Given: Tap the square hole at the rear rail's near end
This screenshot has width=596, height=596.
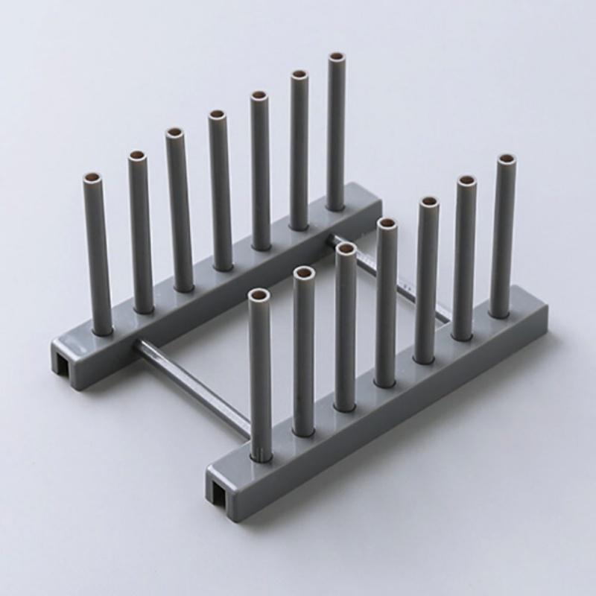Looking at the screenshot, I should [x=65, y=361].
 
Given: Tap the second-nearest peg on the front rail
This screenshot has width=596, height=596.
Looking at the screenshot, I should [x=303, y=350].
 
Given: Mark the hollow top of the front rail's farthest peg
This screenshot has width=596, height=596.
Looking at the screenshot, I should [x=506, y=159].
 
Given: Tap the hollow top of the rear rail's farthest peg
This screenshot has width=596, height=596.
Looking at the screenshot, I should [x=337, y=57].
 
